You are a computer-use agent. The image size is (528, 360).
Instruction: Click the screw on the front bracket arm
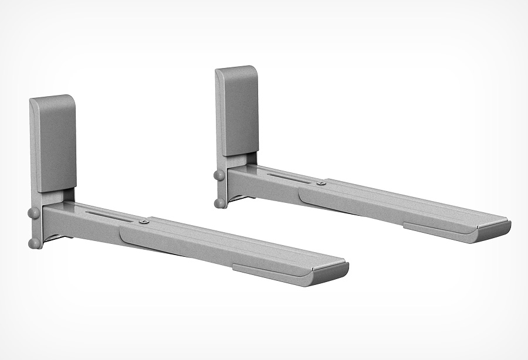(x=144, y=222)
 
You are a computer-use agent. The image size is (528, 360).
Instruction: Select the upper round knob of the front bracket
(x=34, y=212)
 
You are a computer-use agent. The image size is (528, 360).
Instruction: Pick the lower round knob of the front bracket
(x=35, y=242)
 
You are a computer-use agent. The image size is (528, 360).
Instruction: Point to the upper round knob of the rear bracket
(x=218, y=175)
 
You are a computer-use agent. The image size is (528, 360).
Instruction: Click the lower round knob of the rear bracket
(x=219, y=203)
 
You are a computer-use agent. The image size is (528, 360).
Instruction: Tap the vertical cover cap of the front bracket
(x=53, y=144)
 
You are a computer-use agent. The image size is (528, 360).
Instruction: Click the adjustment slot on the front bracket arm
(x=109, y=213)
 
